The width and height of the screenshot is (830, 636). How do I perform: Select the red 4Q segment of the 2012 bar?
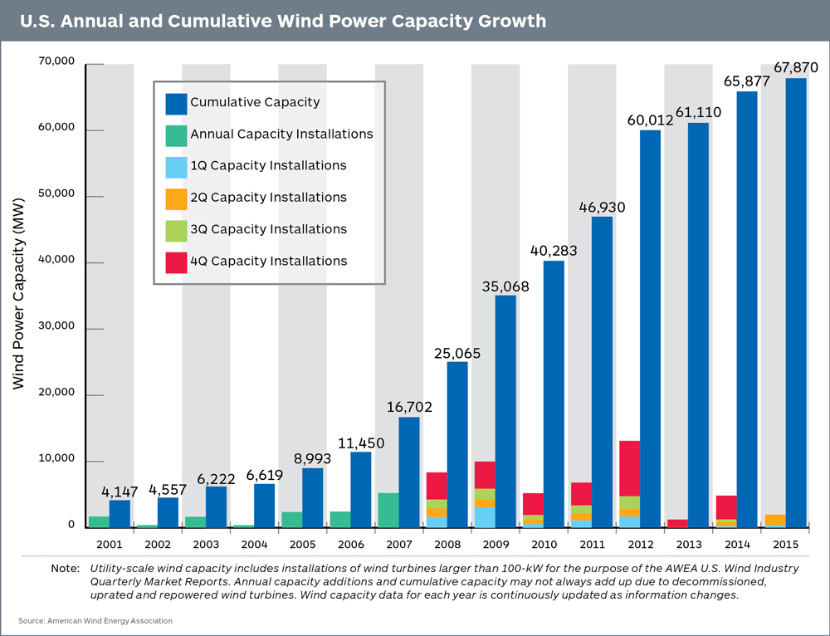[629, 468]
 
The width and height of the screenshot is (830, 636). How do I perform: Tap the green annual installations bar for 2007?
[388, 510]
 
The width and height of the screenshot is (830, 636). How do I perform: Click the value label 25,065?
[456, 353]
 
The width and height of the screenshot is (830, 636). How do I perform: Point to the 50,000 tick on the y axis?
[57, 194]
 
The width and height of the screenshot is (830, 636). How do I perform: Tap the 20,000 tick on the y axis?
[57, 393]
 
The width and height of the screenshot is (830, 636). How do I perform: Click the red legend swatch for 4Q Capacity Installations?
[176, 262]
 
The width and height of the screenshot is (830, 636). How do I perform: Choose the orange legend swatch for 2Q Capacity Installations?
[176, 198]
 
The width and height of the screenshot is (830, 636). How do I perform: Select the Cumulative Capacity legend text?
[255, 102]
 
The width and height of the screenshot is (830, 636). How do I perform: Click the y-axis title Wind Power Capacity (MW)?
[19, 294]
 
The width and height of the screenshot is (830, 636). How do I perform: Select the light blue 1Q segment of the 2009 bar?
[485, 517]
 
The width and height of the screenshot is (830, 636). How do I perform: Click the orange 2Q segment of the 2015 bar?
[774, 520]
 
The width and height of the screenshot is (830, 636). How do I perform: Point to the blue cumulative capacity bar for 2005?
[313, 497]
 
